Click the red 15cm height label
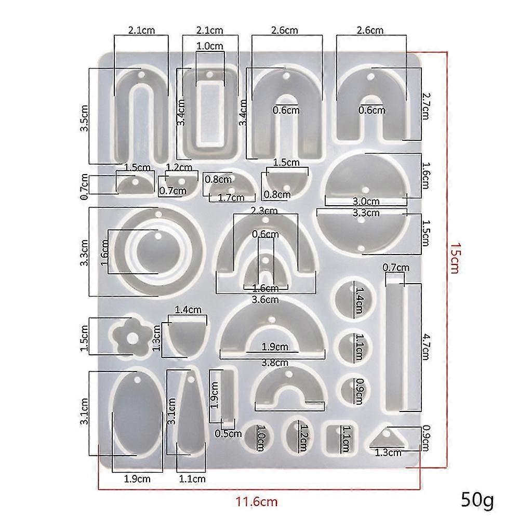(x=454, y=258)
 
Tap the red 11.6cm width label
(x=257, y=501)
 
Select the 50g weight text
(x=477, y=499)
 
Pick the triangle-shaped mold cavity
(x=386, y=438)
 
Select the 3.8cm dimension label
(x=275, y=363)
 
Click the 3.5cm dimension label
(x=84, y=118)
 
